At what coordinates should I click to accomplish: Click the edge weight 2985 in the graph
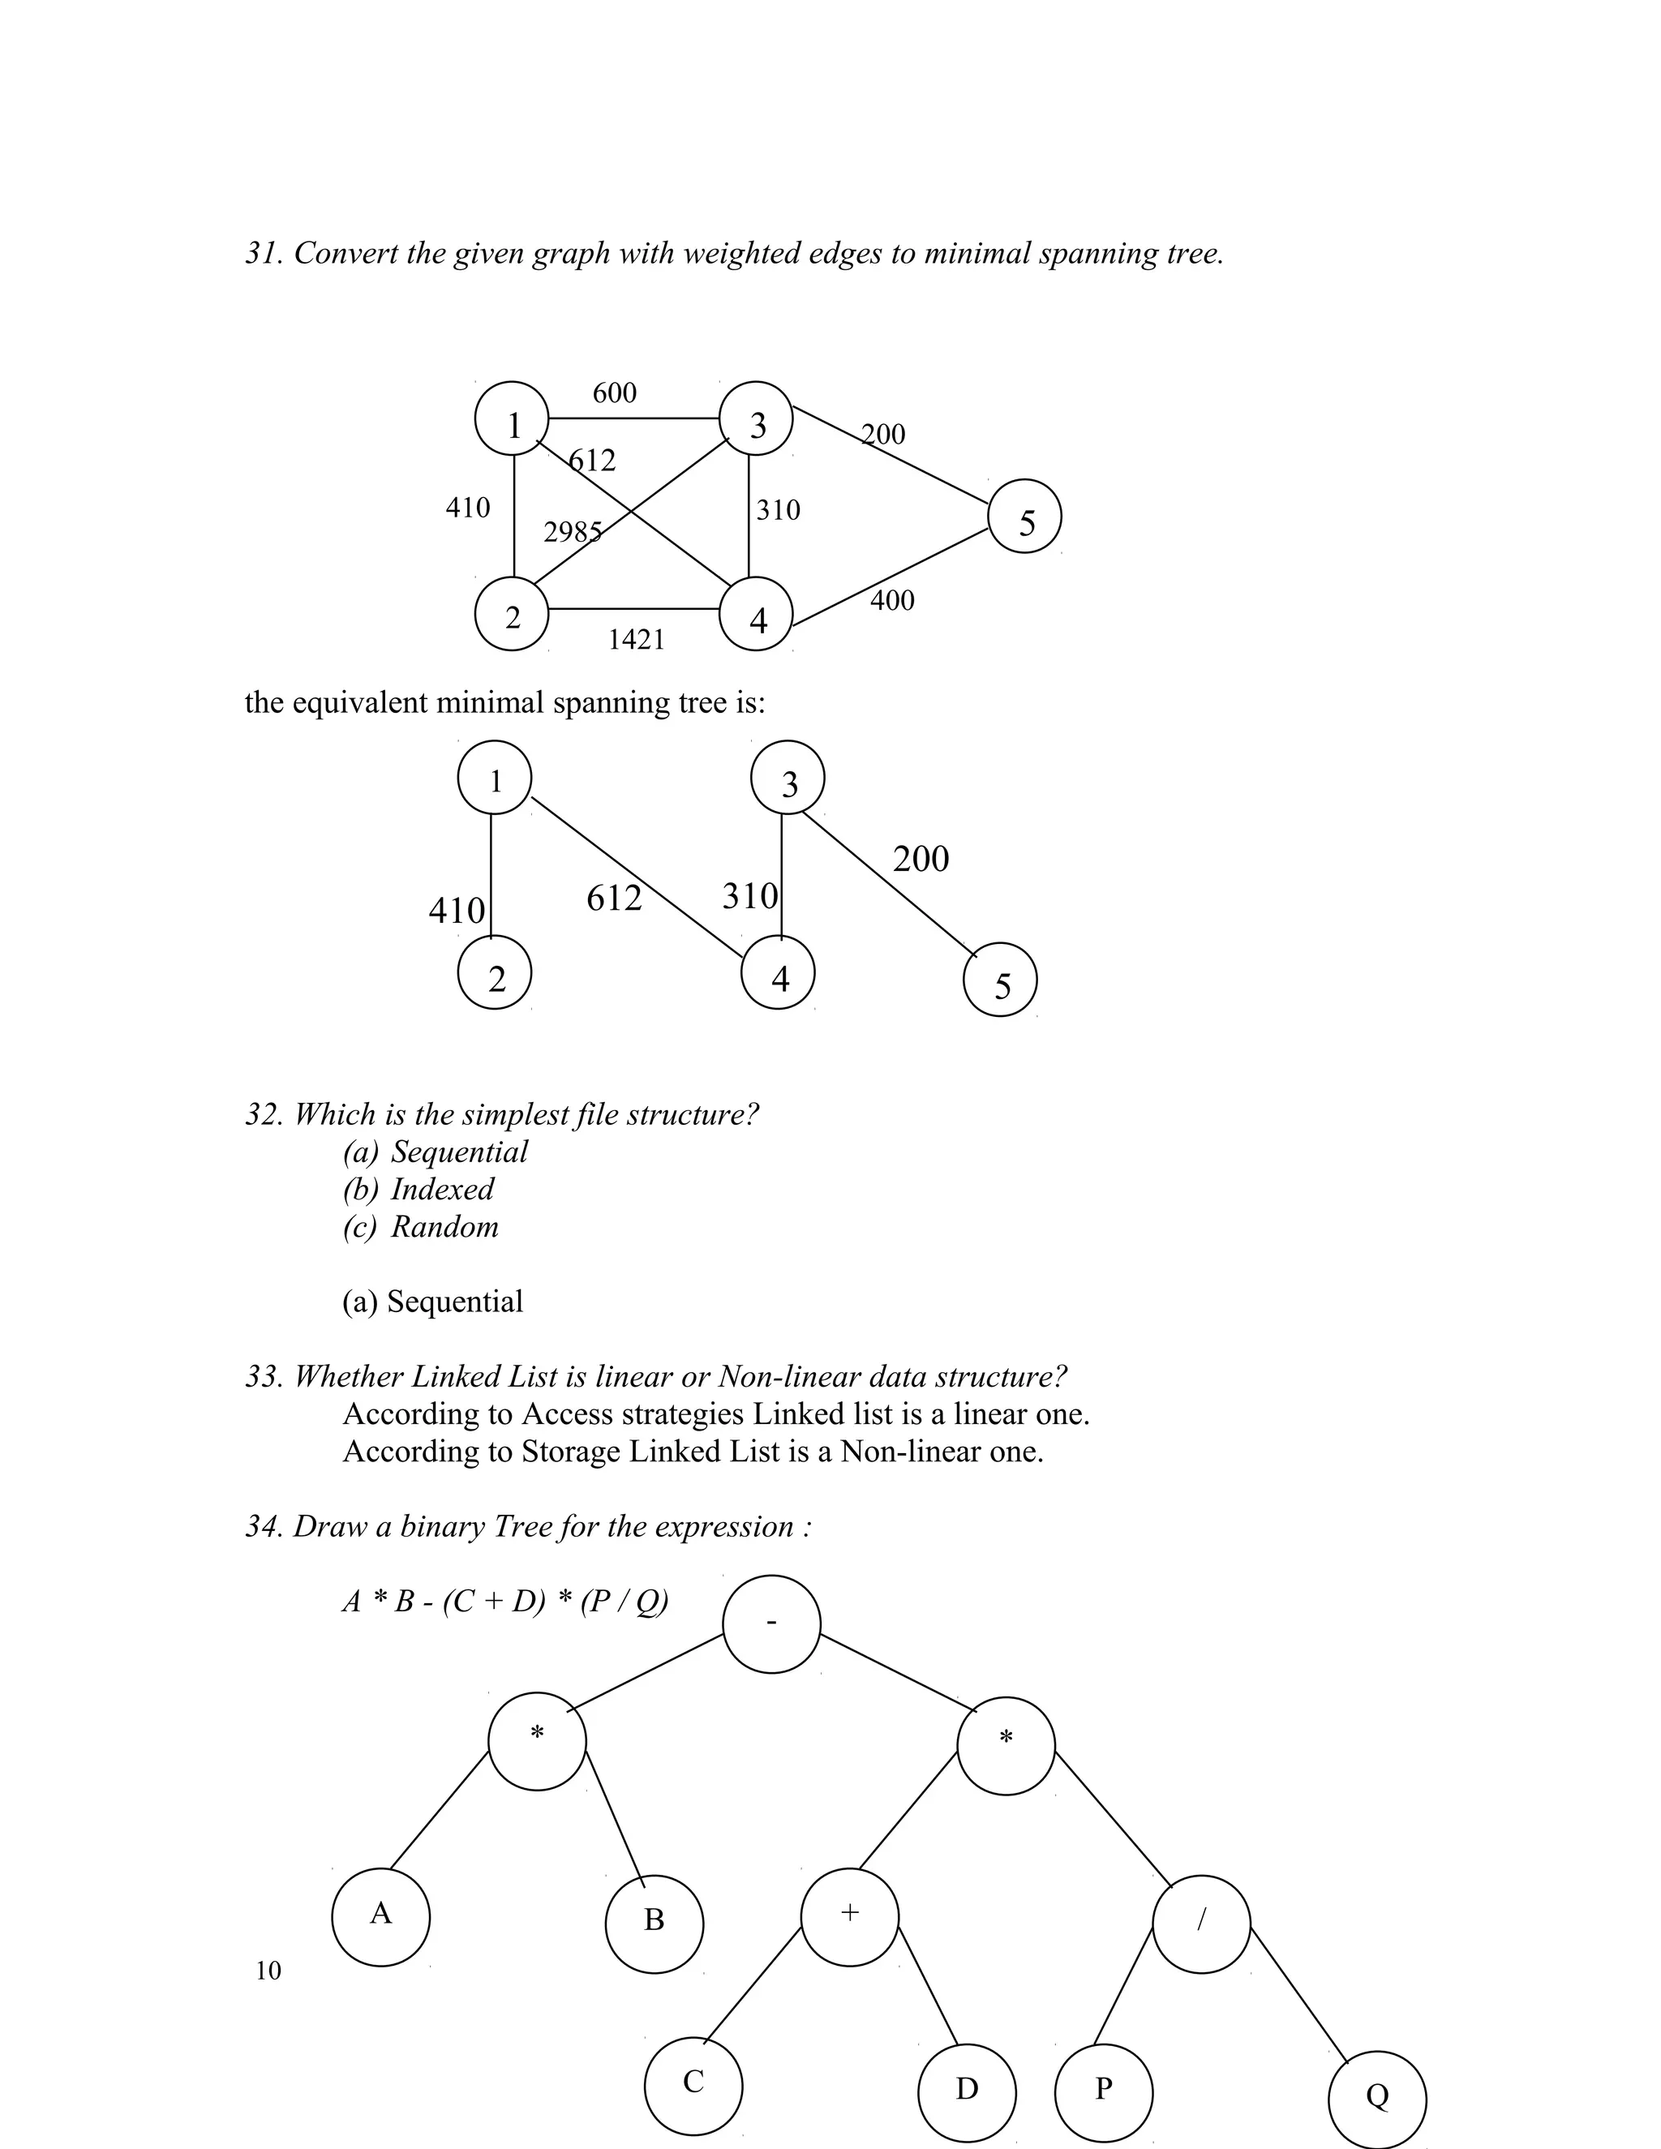[572, 532]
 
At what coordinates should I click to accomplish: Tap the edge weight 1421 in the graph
[636, 641]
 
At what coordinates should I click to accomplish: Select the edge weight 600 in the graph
[614, 393]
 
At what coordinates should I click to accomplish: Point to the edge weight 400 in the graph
[891, 600]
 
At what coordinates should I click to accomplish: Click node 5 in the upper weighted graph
[1024, 517]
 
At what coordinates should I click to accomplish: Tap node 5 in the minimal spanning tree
[1000, 980]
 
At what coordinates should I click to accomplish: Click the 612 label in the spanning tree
[613, 899]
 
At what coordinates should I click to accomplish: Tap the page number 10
[268, 1971]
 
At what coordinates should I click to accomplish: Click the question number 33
[264, 1378]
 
